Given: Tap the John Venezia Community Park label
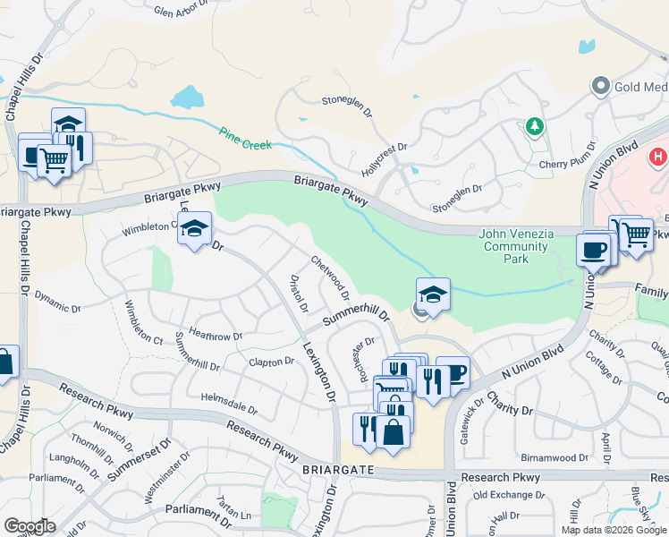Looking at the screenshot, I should (x=517, y=246).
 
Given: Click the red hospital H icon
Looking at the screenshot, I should (x=658, y=157).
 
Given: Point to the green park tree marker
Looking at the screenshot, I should (x=535, y=127).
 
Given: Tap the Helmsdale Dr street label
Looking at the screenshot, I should (x=229, y=403).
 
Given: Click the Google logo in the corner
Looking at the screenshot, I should (x=30, y=525).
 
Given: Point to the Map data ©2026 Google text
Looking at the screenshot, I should (x=614, y=530).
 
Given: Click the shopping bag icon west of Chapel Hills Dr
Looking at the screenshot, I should (x=4, y=362).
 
